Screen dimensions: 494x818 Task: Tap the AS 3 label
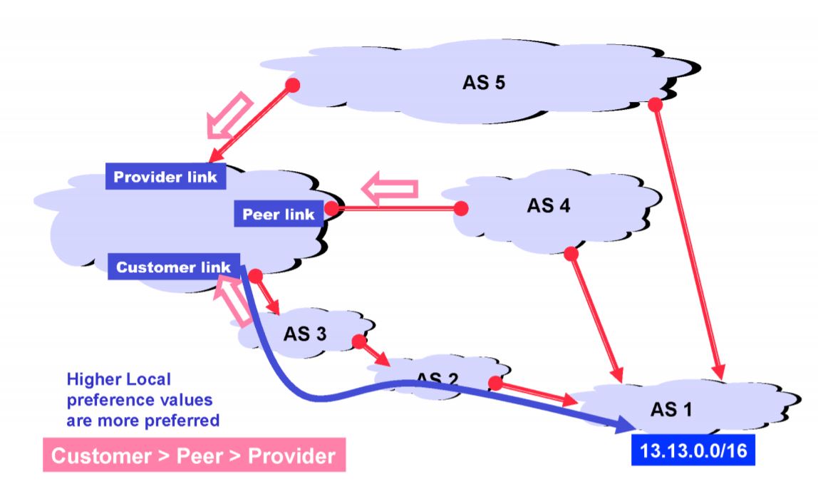306,334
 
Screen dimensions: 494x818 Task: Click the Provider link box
166,176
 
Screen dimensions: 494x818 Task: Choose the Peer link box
279,214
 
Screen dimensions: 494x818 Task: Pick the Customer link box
174,267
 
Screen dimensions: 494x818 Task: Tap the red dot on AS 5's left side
291,86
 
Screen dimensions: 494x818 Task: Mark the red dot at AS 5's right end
656,105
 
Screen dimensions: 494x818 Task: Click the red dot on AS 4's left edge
461,208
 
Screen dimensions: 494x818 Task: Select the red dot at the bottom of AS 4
570,252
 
